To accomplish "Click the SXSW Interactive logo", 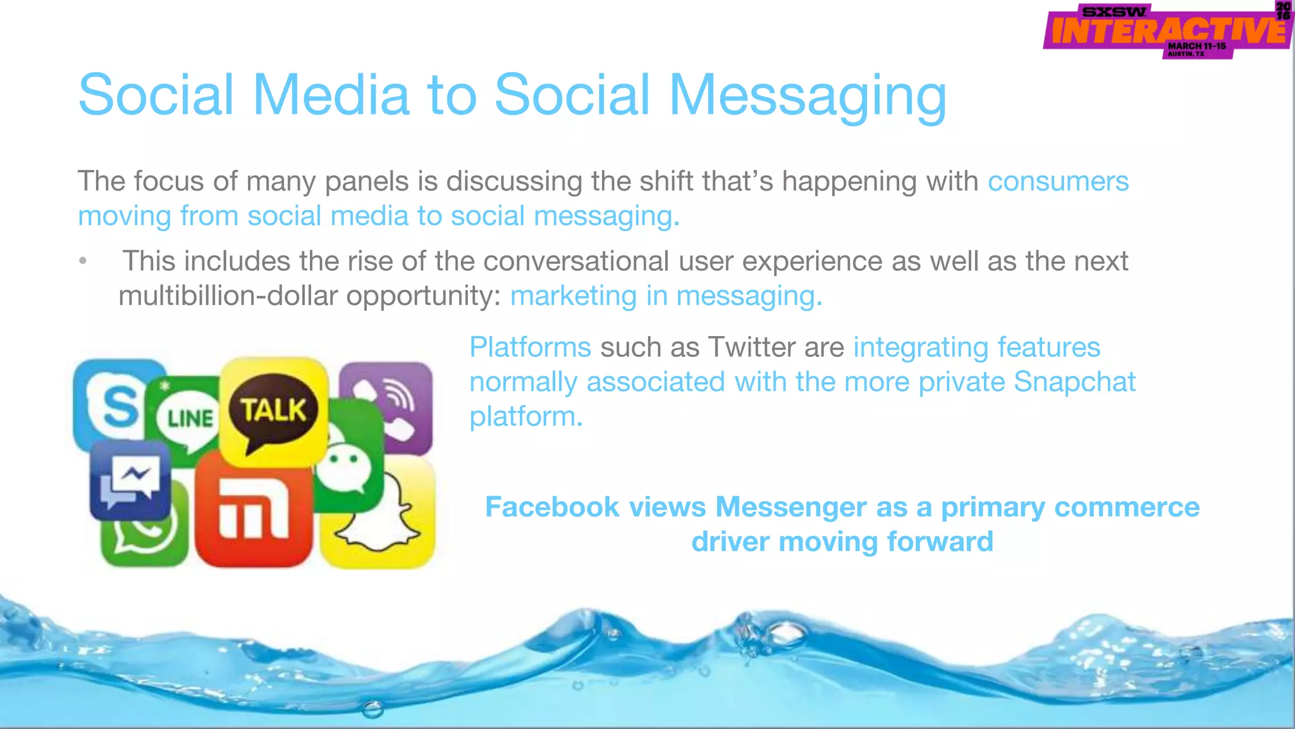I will click(x=1167, y=30).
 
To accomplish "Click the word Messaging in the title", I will click(x=807, y=96).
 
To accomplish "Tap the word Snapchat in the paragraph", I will click(x=1074, y=382).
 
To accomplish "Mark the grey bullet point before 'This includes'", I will click(x=83, y=261).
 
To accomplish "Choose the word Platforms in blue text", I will click(x=530, y=347).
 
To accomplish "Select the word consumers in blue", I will click(x=1058, y=182).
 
